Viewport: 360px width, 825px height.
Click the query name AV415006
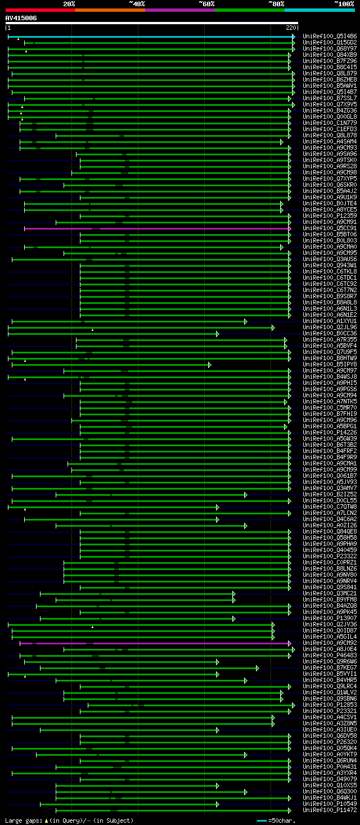21,18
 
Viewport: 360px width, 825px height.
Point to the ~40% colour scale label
137,4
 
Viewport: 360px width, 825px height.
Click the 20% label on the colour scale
69,4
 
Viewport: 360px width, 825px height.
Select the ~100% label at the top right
344,4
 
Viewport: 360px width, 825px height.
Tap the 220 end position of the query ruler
291,27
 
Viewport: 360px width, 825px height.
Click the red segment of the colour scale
40,10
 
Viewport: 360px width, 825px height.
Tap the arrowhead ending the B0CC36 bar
217,334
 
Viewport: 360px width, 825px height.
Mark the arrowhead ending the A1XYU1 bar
245,321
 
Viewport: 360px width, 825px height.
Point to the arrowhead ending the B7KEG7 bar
257,668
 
